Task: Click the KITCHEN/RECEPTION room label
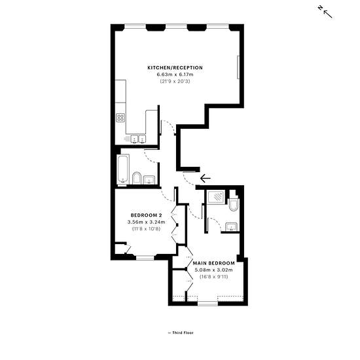click(x=175, y=67)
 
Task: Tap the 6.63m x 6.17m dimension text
click(x=175, y=75)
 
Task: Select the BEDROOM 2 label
click(x=146, y=215)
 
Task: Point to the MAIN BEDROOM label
click(x=214, y=263)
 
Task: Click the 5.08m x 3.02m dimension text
click(x=214, y=270)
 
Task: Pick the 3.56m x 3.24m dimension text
click(x=146, y=222)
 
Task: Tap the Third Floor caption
click(x=181, y=333)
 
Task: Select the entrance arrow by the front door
click(x=206, y=178)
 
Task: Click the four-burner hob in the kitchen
click(x=120, y=118)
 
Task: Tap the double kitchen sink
click(x=138, y=139)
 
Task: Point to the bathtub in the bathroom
click(x=123, y=170)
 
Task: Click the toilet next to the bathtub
click(x=137, y=178)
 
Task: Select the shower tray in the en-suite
click(x=216, y=196)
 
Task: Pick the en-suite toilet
click(x=234, y=201)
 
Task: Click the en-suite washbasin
click(x=232, y=226)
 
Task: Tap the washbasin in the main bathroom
click(x=149, y=179)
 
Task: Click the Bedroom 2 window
click(x=145, y=258)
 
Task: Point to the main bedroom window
click(x=207, y=304)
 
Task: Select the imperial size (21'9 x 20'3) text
click(x=175, y=81)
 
